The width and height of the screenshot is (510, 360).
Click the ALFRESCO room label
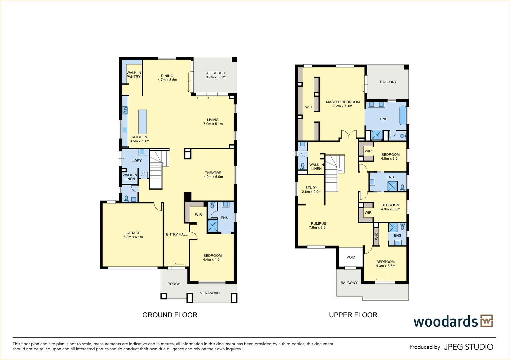(x=216, y=73)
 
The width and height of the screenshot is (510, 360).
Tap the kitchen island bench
(x=143, y=122)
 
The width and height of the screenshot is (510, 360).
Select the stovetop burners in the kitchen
(x=125, y=110)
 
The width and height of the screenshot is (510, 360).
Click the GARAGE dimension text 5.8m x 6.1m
(x=133, y=237)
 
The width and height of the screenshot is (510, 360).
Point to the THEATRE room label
(x=213, y=173)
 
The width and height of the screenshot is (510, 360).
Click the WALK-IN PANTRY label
(x=134, y=75)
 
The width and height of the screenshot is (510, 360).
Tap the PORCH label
(x=174, y=284)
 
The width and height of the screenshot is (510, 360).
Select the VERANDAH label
(x=210, y=293)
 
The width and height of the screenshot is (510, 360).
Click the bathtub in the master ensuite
(x=403, y=115)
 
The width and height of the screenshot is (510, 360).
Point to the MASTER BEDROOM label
(x=343, y=102)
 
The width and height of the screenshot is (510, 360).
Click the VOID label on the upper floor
(x=351, y=257)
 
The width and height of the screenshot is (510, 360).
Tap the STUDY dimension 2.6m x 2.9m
(x=311, y=192)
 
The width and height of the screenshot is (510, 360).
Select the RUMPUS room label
(x=319, y=224)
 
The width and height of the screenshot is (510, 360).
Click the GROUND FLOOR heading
(x=170, y=315)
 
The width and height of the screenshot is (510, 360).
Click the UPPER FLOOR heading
(x=353, y=315)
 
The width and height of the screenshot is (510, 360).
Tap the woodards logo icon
(x=487, y=321)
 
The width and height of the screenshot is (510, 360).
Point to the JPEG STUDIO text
(x=469, y=347)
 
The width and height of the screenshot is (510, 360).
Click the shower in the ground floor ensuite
(x=212, y=225)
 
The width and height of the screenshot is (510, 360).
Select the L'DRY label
(x=137, y=161)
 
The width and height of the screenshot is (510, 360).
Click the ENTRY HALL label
(x=177, y=234)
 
